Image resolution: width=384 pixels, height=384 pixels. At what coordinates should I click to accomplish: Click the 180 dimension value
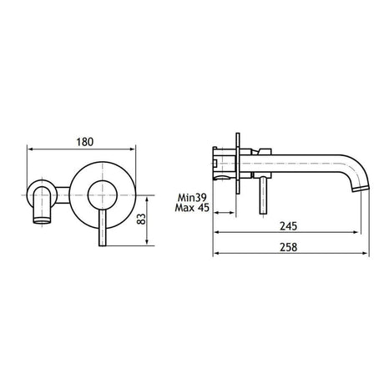coord(85,142)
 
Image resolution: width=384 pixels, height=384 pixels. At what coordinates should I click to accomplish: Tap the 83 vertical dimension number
coord(142,219)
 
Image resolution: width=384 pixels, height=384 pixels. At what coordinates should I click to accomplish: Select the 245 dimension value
coord(289,226)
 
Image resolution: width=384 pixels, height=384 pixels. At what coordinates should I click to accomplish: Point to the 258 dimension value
coord(289,247)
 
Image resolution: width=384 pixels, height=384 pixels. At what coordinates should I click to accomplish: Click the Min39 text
coord(192,198)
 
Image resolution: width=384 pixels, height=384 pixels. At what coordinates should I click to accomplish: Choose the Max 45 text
coord(192,207)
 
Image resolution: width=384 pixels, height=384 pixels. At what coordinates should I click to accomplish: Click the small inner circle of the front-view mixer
coord(102,195)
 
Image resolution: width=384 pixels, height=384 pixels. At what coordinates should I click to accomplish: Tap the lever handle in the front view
coord(103,228)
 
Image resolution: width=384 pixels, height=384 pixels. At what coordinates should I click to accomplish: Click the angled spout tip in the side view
coord(361,189)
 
